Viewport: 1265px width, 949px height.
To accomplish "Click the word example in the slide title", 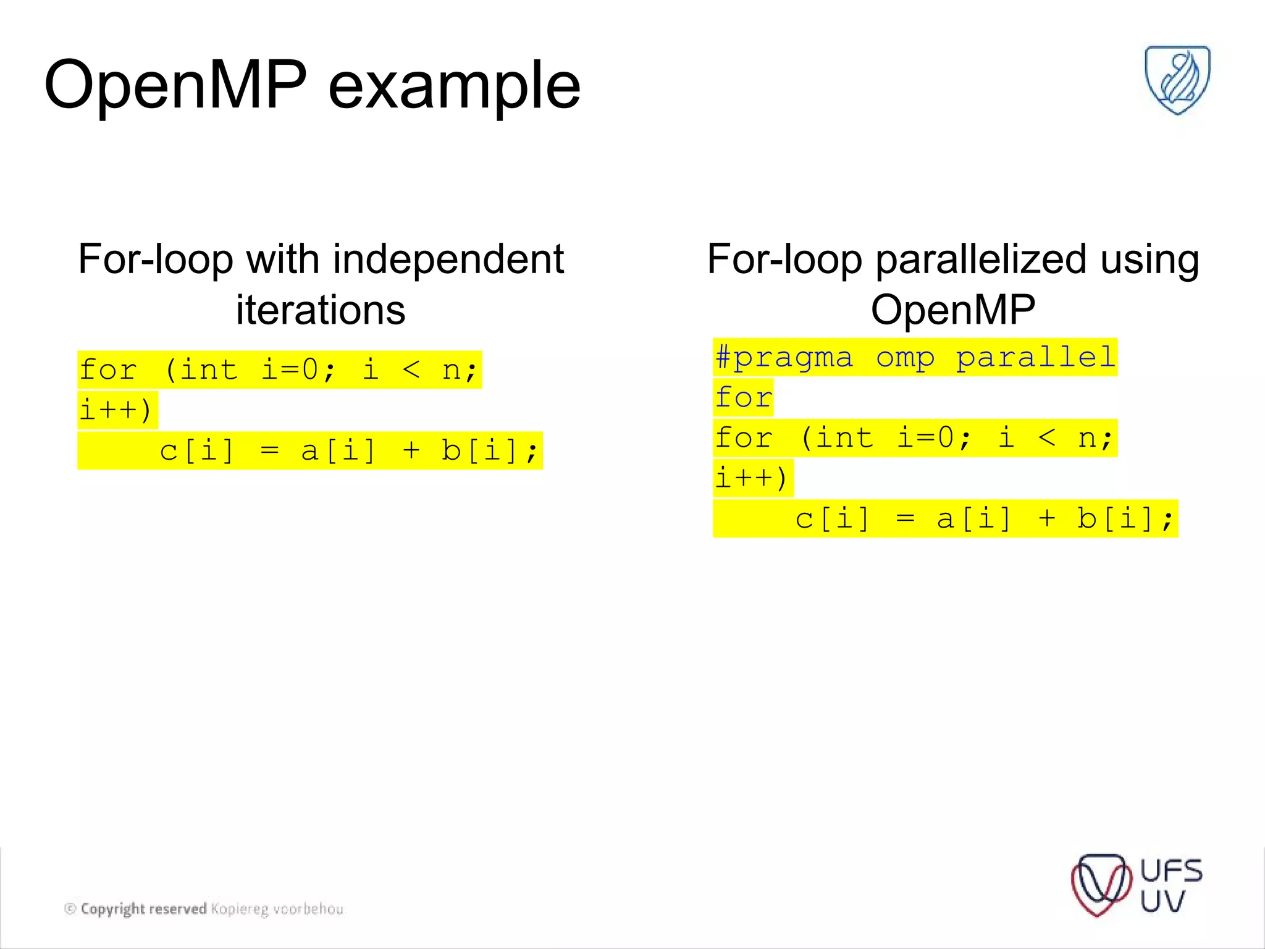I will (x=454, y=86).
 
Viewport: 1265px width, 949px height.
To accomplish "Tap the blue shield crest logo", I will (x=1177, y=79).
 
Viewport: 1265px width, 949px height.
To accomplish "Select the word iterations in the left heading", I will (x=321, y=310).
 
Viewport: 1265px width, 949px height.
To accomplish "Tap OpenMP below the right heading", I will (x=952, y=310).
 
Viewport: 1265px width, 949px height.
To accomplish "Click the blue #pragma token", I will (x=784, y=358).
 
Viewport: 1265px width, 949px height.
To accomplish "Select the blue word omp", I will (x=905, y=358).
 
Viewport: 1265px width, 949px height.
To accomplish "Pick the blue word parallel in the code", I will (x=1036, y=357).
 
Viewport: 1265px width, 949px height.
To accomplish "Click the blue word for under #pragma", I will (x=744, y=397).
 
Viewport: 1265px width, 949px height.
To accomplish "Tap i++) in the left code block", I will (x=116, y=410).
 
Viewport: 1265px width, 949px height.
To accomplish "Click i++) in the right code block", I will (x=752, y=478).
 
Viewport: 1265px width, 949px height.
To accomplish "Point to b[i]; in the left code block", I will (x=489, y=450).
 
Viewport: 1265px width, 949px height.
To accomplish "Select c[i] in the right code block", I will (x=832, y=518).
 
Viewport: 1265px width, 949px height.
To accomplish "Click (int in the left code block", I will (x=201, y=370).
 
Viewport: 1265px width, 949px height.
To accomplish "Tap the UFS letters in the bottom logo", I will (x=1170, y=871).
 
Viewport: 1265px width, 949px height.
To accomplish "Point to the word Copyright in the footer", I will (x=112, y=909).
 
